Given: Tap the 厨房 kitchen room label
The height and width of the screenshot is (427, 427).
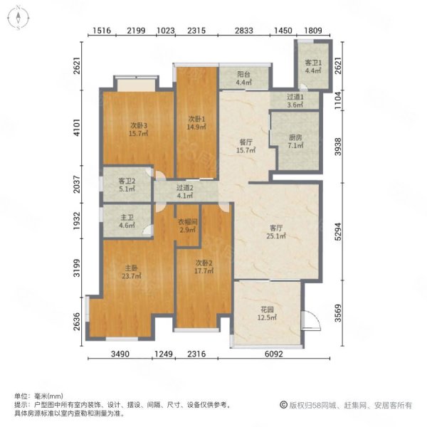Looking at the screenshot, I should [x=295, y=142].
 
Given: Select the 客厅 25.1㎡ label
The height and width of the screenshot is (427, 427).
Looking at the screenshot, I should [x=275, y=233].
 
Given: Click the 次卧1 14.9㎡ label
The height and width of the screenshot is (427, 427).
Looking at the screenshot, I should [x=196, y=123].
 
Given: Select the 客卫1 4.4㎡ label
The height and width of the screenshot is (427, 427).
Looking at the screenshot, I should [x=314, y=65].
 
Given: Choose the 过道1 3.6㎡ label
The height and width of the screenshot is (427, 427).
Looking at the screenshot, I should [x=296, y=101].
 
